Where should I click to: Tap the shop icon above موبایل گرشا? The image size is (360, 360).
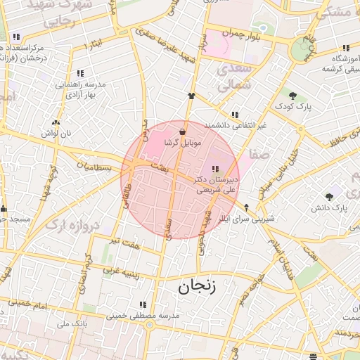(183, 131)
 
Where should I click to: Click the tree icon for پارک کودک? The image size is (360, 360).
(292, 95)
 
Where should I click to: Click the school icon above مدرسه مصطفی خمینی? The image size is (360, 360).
(143, 304)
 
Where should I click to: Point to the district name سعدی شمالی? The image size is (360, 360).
(233, 78)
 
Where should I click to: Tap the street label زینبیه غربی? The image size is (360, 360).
(119, 267)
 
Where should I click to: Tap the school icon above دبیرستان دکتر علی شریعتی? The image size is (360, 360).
(214, 169)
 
